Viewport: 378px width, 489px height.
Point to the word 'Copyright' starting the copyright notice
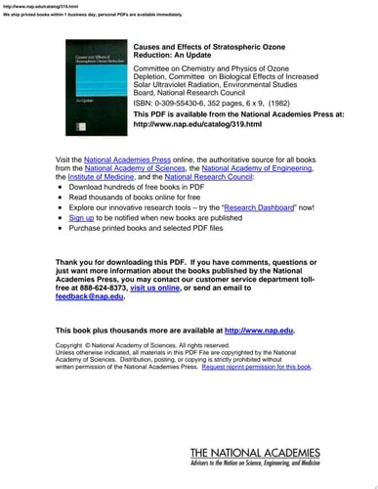tap(69, 345)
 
